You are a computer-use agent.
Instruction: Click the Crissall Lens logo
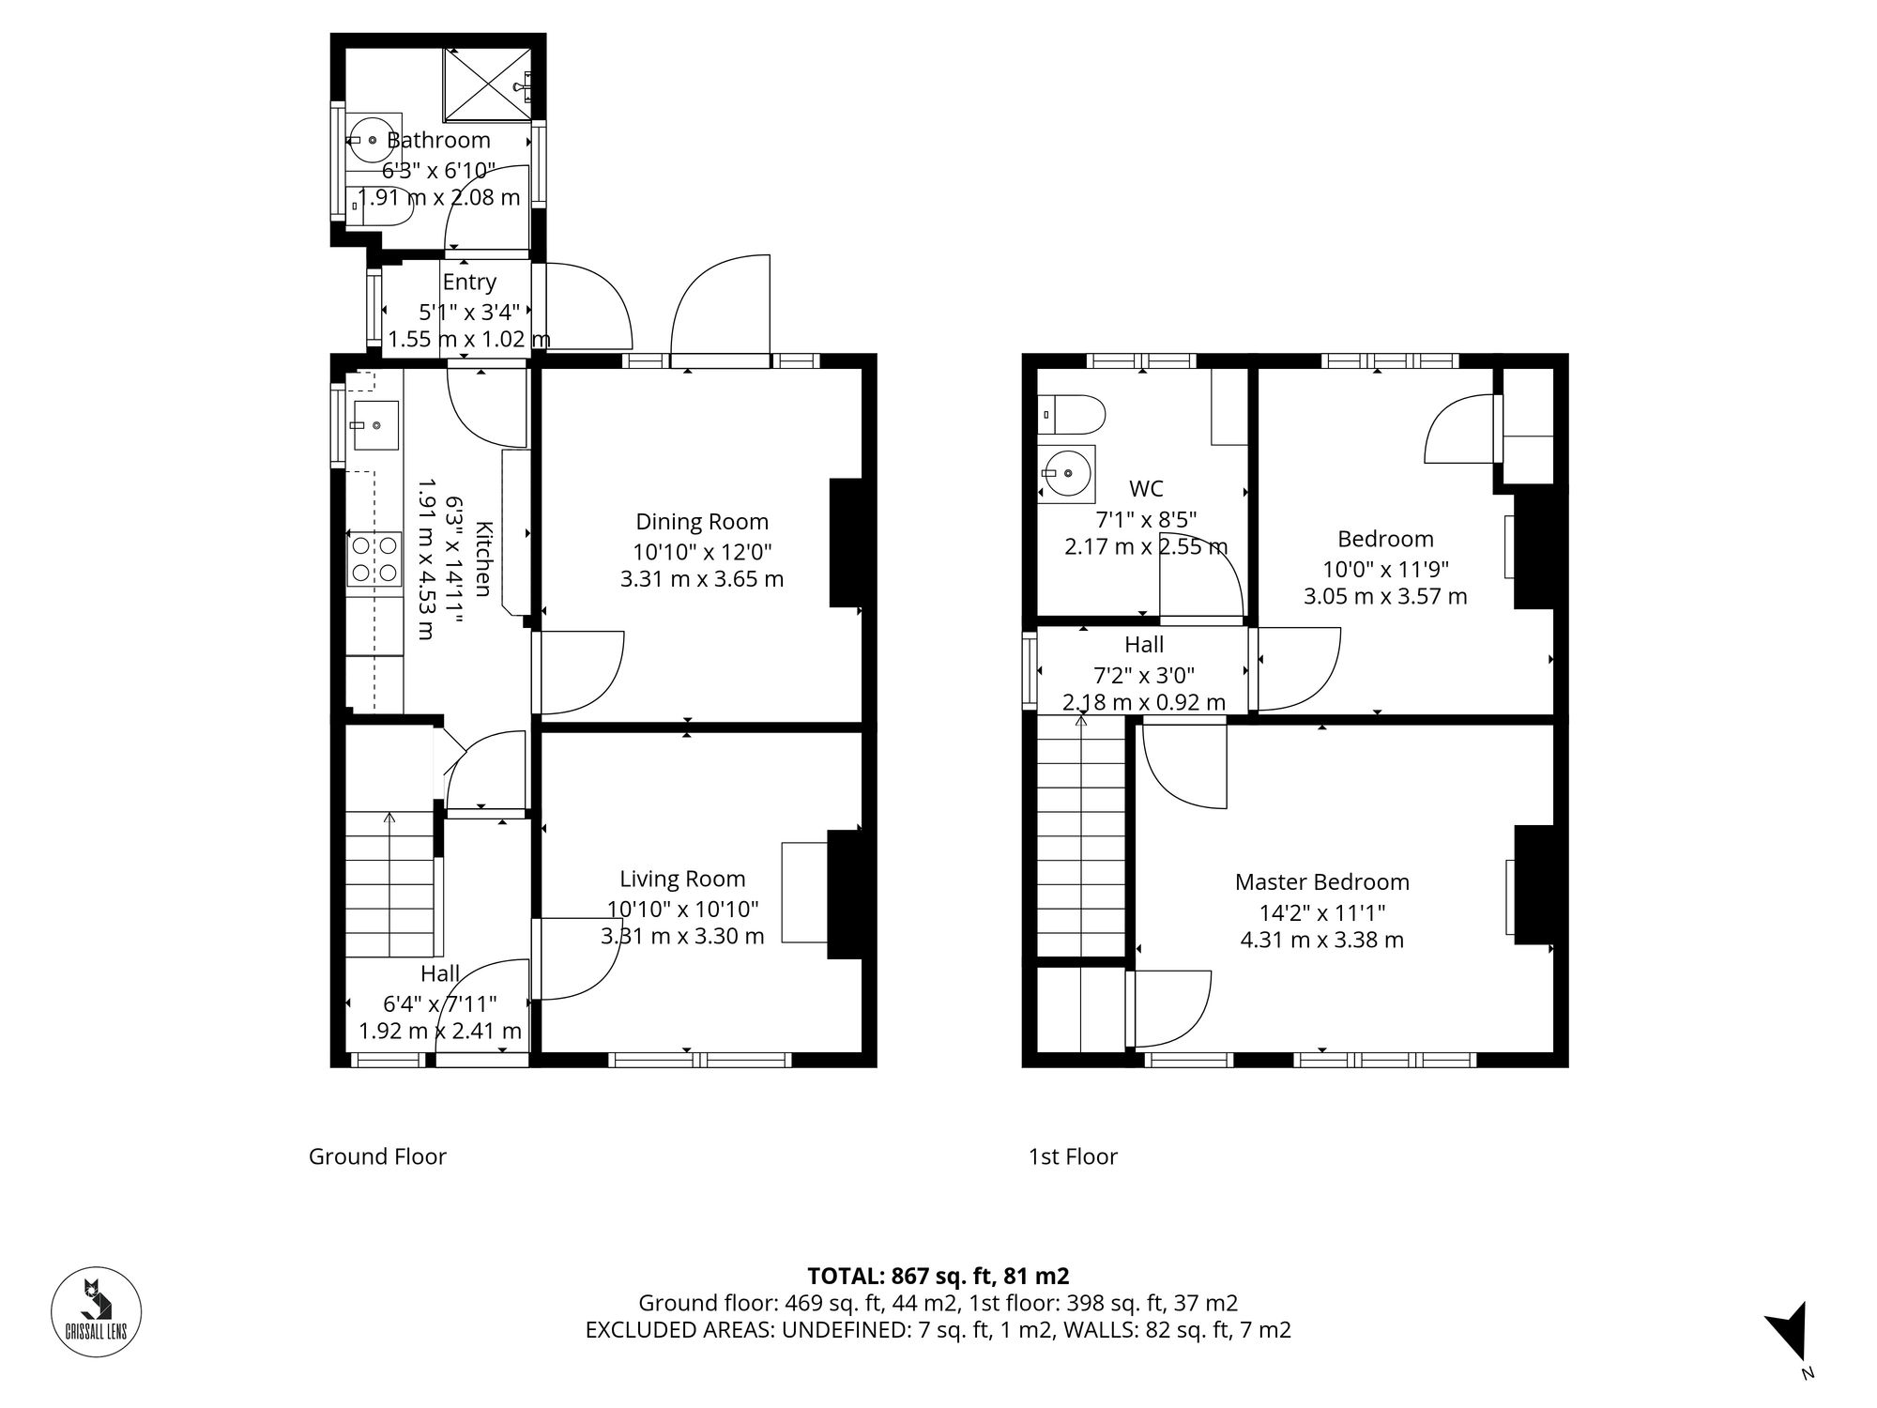point(96,1311)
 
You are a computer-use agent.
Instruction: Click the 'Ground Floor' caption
point(377,1156)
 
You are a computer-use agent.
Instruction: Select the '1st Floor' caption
point(1073,1156)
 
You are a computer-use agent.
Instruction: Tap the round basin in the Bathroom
point(373,141)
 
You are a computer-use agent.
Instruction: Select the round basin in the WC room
point(1067,473)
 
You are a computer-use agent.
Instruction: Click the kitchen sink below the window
point(374,425)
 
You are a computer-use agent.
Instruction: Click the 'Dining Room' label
point(701,522)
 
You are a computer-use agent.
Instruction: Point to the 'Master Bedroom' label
point(1321,882)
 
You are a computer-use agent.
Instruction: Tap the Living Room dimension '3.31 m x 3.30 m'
point(682,936)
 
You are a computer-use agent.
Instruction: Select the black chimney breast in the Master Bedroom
point(1533,884)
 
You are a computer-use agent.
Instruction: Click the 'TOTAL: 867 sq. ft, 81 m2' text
point(938,1276)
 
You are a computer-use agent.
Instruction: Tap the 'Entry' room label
point(468,282)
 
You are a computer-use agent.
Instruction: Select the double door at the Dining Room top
point(720,310)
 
